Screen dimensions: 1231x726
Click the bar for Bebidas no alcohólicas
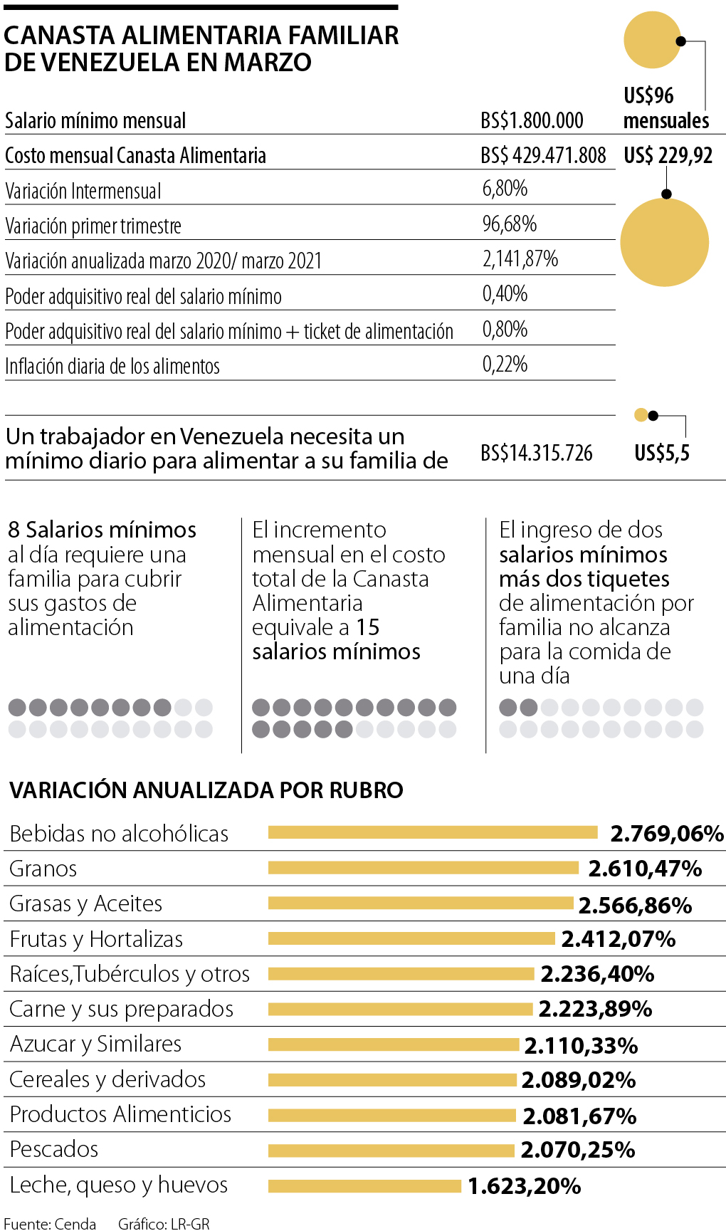pos(433,832)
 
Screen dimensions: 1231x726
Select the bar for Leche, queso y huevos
pos(364,1185)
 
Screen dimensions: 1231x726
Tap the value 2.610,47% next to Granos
pos(645,869)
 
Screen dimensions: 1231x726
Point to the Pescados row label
pos(54,1149)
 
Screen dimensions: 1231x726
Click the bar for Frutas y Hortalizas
pos(411,938)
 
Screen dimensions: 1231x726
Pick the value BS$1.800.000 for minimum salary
pos(532,120)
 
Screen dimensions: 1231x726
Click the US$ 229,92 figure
pos(668,155)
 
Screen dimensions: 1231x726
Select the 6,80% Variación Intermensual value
pos(505,189)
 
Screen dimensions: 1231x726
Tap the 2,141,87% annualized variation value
pos(520,258)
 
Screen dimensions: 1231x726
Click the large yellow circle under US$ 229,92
pos(664,242)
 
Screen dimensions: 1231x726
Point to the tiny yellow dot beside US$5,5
pos(641,415)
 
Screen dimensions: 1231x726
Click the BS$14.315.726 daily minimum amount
pos(537,453)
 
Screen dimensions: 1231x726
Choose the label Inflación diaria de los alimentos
pos(112,366)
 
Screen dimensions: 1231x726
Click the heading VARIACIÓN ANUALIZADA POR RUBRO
pos(206,790)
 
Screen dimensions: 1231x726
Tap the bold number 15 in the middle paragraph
pos(368,627)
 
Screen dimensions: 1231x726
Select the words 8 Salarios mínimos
pos(102,530)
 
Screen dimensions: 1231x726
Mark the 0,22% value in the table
pos(505,365)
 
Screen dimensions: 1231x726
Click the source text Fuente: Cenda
pos(50,1223)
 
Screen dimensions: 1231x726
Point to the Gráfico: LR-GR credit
pos(164,1223)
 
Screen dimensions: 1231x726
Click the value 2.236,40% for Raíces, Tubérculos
pos(597,974)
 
